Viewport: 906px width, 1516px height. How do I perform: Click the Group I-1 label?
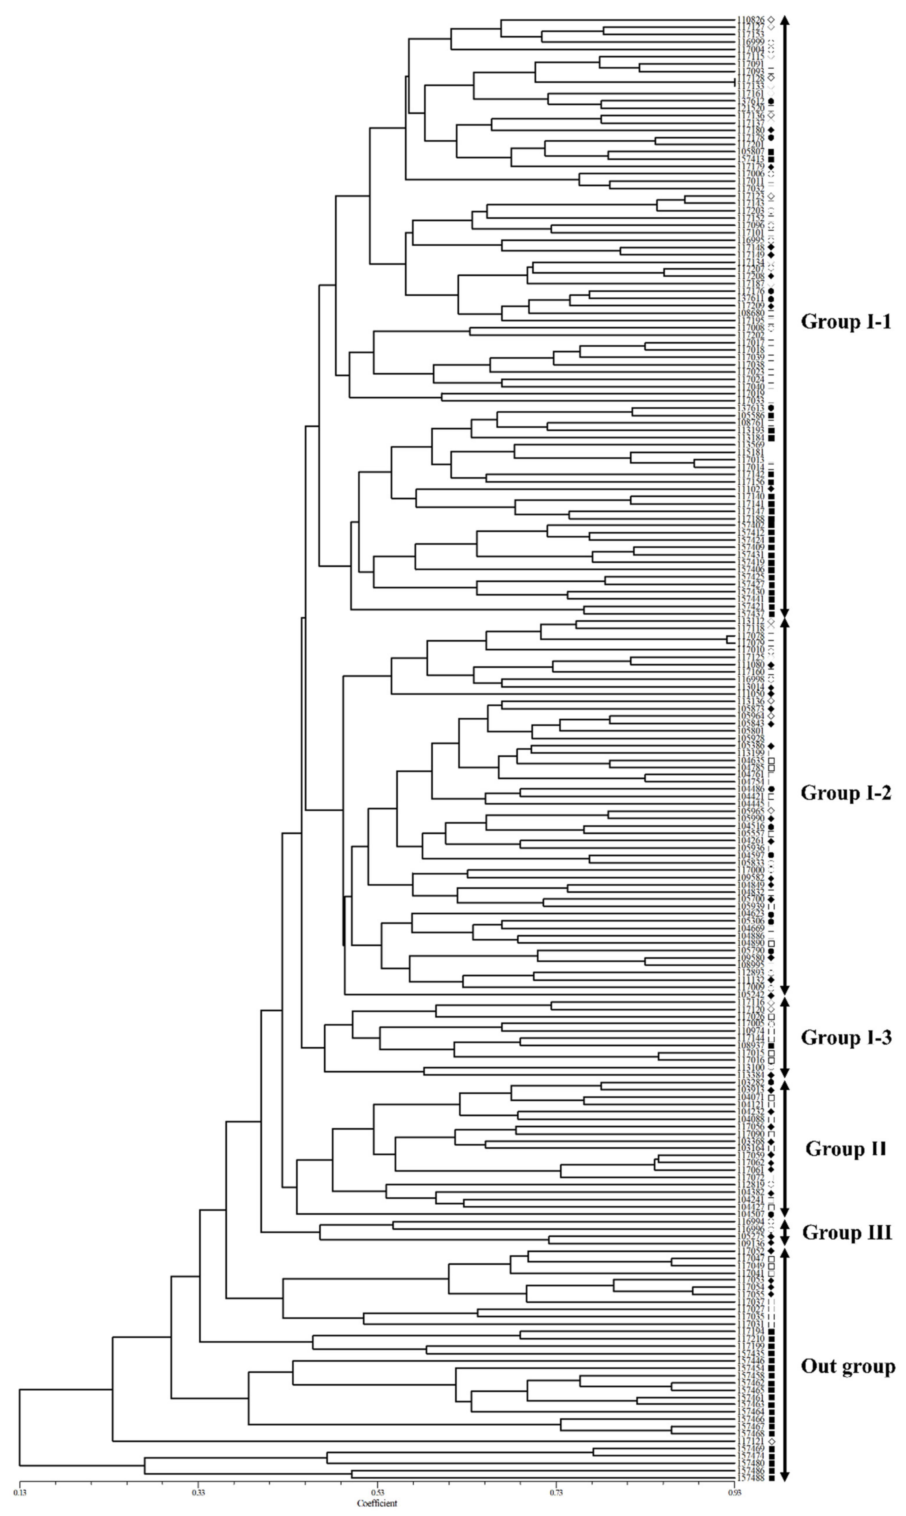pyautogui.click(x=846, y=322)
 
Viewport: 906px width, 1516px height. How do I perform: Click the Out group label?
pyautogui.click(x=847, y=1366)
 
